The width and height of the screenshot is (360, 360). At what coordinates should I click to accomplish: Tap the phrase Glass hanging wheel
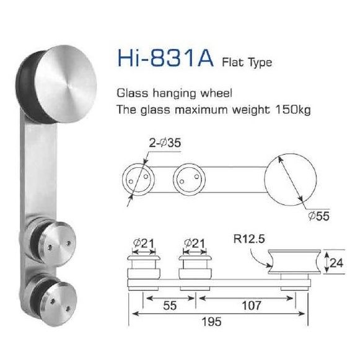pyautogui.click(x=174, y=94)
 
